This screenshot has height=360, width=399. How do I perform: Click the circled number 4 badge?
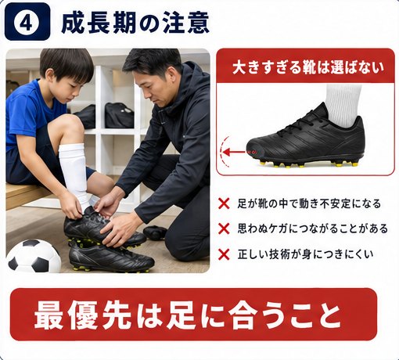[27, 22]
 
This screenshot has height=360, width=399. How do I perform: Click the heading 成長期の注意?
[135, 23]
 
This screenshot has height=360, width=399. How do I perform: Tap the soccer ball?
[34, 256]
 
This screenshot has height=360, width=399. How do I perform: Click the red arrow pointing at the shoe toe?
[234, 152]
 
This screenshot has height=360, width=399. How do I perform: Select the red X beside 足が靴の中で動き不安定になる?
[224, 203]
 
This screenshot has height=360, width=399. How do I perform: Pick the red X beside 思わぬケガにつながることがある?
[224, 229]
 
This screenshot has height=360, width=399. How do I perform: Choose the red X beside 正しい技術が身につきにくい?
[224, 254]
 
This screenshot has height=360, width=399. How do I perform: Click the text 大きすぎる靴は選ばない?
[307, 67]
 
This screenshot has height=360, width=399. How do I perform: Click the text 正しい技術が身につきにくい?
[305, 254]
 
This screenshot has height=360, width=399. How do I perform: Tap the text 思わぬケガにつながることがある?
[312, 229]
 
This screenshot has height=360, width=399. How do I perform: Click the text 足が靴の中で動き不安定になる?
[309, 203]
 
